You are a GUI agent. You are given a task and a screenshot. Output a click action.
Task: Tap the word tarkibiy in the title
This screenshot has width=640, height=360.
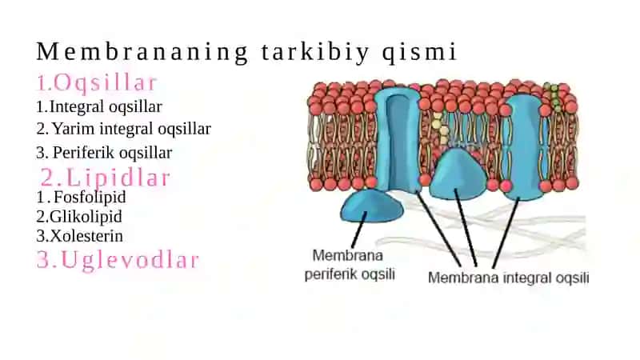coord(314,53)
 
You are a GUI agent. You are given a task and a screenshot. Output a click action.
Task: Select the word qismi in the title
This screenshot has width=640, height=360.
coord(419,53)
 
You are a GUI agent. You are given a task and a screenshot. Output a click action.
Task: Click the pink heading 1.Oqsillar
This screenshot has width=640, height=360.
coord(97,82)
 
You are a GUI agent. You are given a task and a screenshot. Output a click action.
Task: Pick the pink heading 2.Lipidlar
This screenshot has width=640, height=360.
coord(105,178)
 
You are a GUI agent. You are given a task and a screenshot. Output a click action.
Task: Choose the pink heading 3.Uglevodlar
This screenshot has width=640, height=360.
coord(118,260)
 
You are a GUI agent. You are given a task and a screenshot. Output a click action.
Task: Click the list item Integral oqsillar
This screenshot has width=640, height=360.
coord(99,107)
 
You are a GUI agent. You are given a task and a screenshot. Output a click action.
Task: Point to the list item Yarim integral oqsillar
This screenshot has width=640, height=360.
coord(124,129)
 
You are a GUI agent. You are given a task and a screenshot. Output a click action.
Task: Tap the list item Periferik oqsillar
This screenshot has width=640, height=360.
coord(104,153)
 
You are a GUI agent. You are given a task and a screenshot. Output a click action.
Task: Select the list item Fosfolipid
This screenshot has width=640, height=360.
coord(82,197)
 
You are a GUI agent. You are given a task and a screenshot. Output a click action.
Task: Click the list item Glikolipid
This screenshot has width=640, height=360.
coord(79,217)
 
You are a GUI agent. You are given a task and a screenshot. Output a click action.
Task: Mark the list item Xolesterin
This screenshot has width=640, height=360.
coord(79,236)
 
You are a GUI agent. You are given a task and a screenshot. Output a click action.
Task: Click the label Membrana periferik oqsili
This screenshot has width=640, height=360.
coord(350,265)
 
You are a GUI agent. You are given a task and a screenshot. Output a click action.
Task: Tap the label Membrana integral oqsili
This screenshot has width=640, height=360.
coord(508,278)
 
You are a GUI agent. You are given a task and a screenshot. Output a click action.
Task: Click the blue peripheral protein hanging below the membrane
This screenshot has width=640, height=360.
coord(371,206)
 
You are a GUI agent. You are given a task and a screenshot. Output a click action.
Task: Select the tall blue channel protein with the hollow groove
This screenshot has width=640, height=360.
coord(398,138)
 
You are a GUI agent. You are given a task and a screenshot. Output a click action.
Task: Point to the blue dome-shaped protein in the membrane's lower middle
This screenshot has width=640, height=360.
coord(458,174)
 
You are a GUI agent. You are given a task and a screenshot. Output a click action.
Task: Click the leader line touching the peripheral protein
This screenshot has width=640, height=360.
coord(359,230)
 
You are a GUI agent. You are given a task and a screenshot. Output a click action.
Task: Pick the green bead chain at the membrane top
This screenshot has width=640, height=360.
coord(554,97)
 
